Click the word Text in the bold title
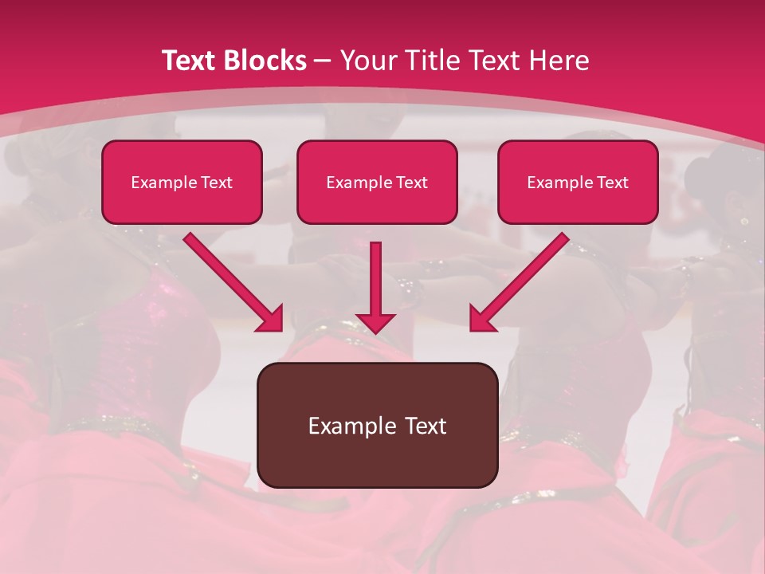point(190,61)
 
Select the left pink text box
point(182,182)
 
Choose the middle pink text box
point(377,182)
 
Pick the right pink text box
point(578,182)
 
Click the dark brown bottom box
point(377,425)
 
